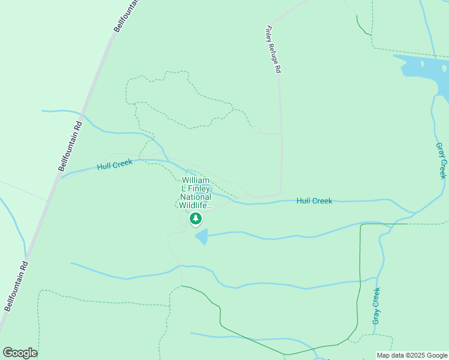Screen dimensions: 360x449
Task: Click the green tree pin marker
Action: pyautogui.click(x=196, y=219)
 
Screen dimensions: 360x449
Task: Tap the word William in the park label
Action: pyautogui.click(x=196, y=180)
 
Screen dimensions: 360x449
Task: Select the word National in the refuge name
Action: pyautogui.click(x=196, y=197)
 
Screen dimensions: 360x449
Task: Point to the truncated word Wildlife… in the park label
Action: pyautogui.click(x=196, y=205)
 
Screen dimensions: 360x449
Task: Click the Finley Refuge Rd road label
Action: pyautogui.click(x=274, y=49)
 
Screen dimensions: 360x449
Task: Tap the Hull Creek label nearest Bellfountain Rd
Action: pyautogui.click(x=114, y=164)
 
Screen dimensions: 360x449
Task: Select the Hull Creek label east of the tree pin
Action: pyautogui.click(x=314, y=201)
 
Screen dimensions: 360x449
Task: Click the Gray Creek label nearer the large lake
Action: pyautogui.click(x=441, y=160)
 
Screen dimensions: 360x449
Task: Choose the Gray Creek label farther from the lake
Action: pyautogui.click(x=376, y=306)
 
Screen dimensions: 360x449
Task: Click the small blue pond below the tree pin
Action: pyautogui.click(x=202, y=236)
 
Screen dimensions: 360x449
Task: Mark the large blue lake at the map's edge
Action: pyautogui.click(x=427, y=71)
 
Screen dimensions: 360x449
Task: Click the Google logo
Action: pyautogui.click(x=20, y=353)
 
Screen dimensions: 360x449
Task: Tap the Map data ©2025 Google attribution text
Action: pyautogui.click(x=412, y=355)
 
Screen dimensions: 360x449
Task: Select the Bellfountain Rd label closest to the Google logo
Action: pyautogui.click(x=16, y=286)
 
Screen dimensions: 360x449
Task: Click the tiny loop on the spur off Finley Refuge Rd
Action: pyautogui.click(x=257, y=129)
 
